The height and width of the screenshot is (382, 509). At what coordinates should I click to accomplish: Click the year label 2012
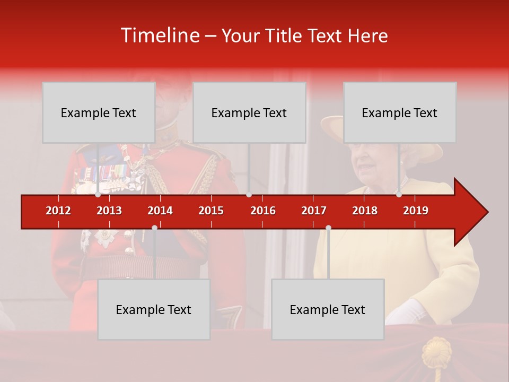click(x=58, y=211)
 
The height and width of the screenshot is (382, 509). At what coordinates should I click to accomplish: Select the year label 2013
click(x=109, y=211)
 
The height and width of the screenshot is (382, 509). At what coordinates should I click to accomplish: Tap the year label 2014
click(x=160, y=211)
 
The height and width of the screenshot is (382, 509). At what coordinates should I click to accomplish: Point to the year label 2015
click(x=211, y=211)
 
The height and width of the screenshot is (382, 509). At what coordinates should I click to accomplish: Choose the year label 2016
click(x=263, y=211)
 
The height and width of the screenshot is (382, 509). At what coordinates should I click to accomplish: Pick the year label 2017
click(x=314, y=211)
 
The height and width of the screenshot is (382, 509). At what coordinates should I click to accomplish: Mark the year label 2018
click(x=365, y=211)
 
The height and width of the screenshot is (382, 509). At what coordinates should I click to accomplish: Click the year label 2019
click(x=416, y=211)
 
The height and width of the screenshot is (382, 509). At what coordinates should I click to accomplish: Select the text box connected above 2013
click(x=99, y=112)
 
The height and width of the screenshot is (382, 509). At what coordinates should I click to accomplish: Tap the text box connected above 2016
click(x=249, y=112)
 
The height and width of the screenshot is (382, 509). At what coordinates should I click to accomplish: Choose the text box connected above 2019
click(x=400, y=112)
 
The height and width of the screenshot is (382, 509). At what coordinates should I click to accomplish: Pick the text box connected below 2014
click(x=154, y=309)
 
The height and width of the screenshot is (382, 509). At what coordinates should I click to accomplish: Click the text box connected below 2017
click(x=328, y=309)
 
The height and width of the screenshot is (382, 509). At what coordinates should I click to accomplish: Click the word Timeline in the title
click(x=160, y=36)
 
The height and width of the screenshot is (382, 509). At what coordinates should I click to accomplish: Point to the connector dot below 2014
click(x=154, y=228)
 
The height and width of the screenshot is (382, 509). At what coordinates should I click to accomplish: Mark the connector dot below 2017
click(x=328, y=228)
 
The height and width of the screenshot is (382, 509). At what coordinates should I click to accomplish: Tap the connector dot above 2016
click(x=249, y=195)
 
